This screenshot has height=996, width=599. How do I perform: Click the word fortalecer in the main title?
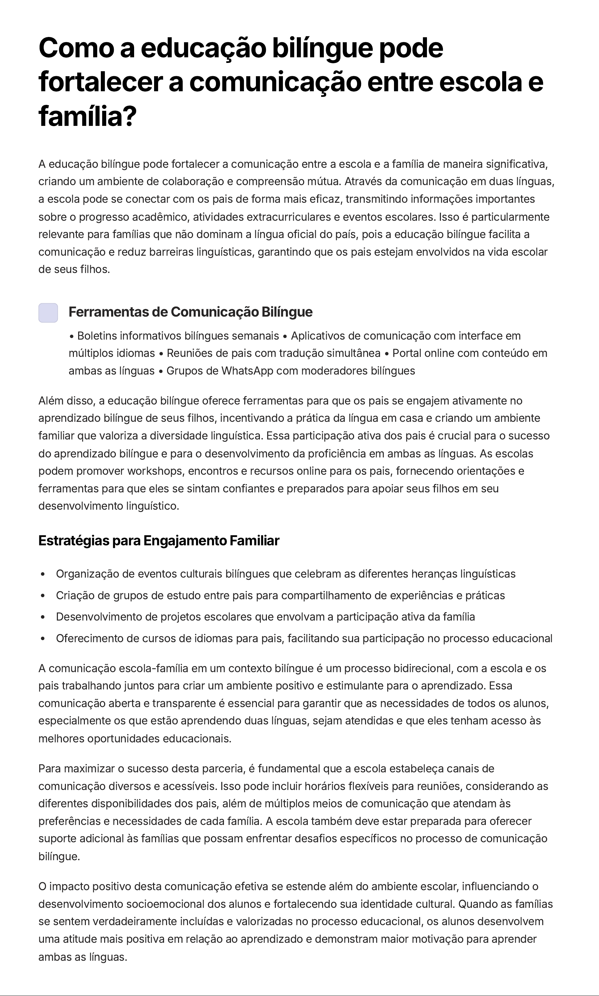(x=100, y=82)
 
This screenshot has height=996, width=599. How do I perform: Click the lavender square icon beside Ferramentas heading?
(x=48, y=313)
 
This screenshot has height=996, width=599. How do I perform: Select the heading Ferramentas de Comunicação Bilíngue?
(x=190, y=312)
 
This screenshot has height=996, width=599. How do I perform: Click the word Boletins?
(x=97, y=336)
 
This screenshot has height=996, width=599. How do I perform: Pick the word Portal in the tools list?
(x=407, y=353)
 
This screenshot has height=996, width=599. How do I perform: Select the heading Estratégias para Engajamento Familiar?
(x=159, y=541)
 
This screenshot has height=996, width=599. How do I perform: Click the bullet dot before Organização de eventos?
(x=43, y=574)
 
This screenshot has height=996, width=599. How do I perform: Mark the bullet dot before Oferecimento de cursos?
(x=43, y=639)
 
